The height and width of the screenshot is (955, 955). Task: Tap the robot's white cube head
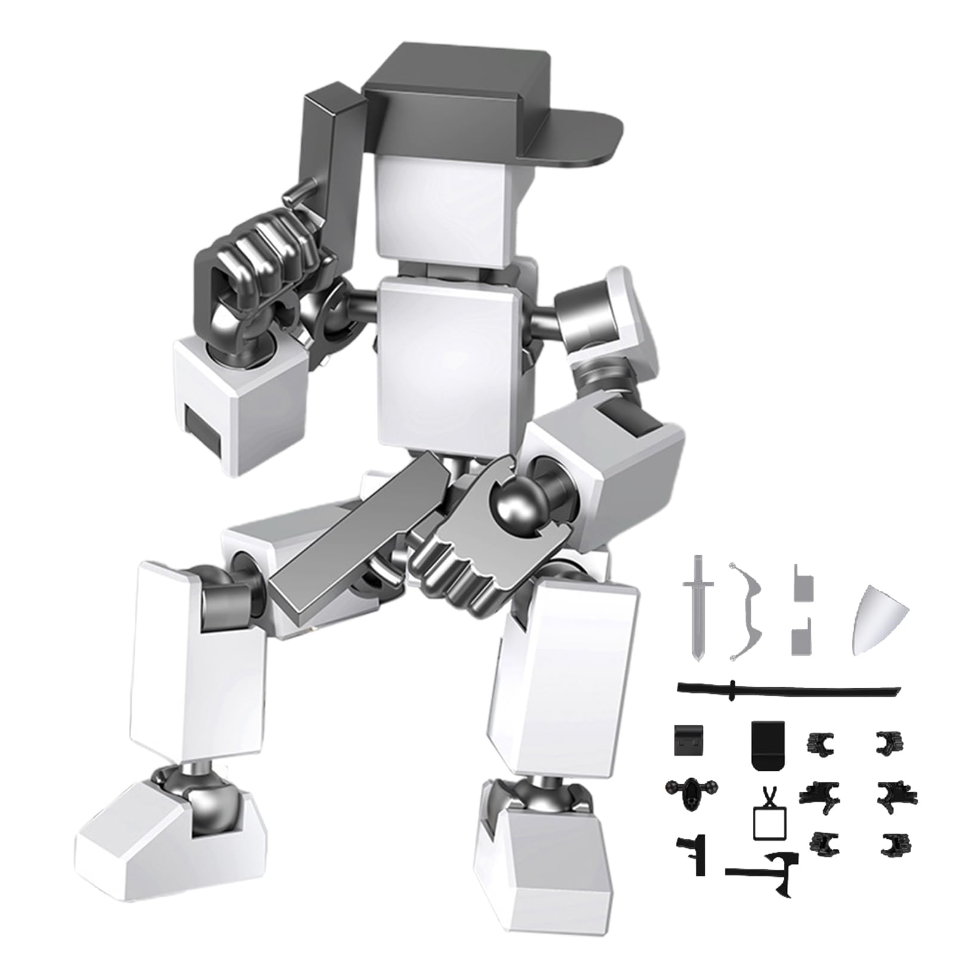click(441, 206)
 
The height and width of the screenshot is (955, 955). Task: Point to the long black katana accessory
click(787, 690)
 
